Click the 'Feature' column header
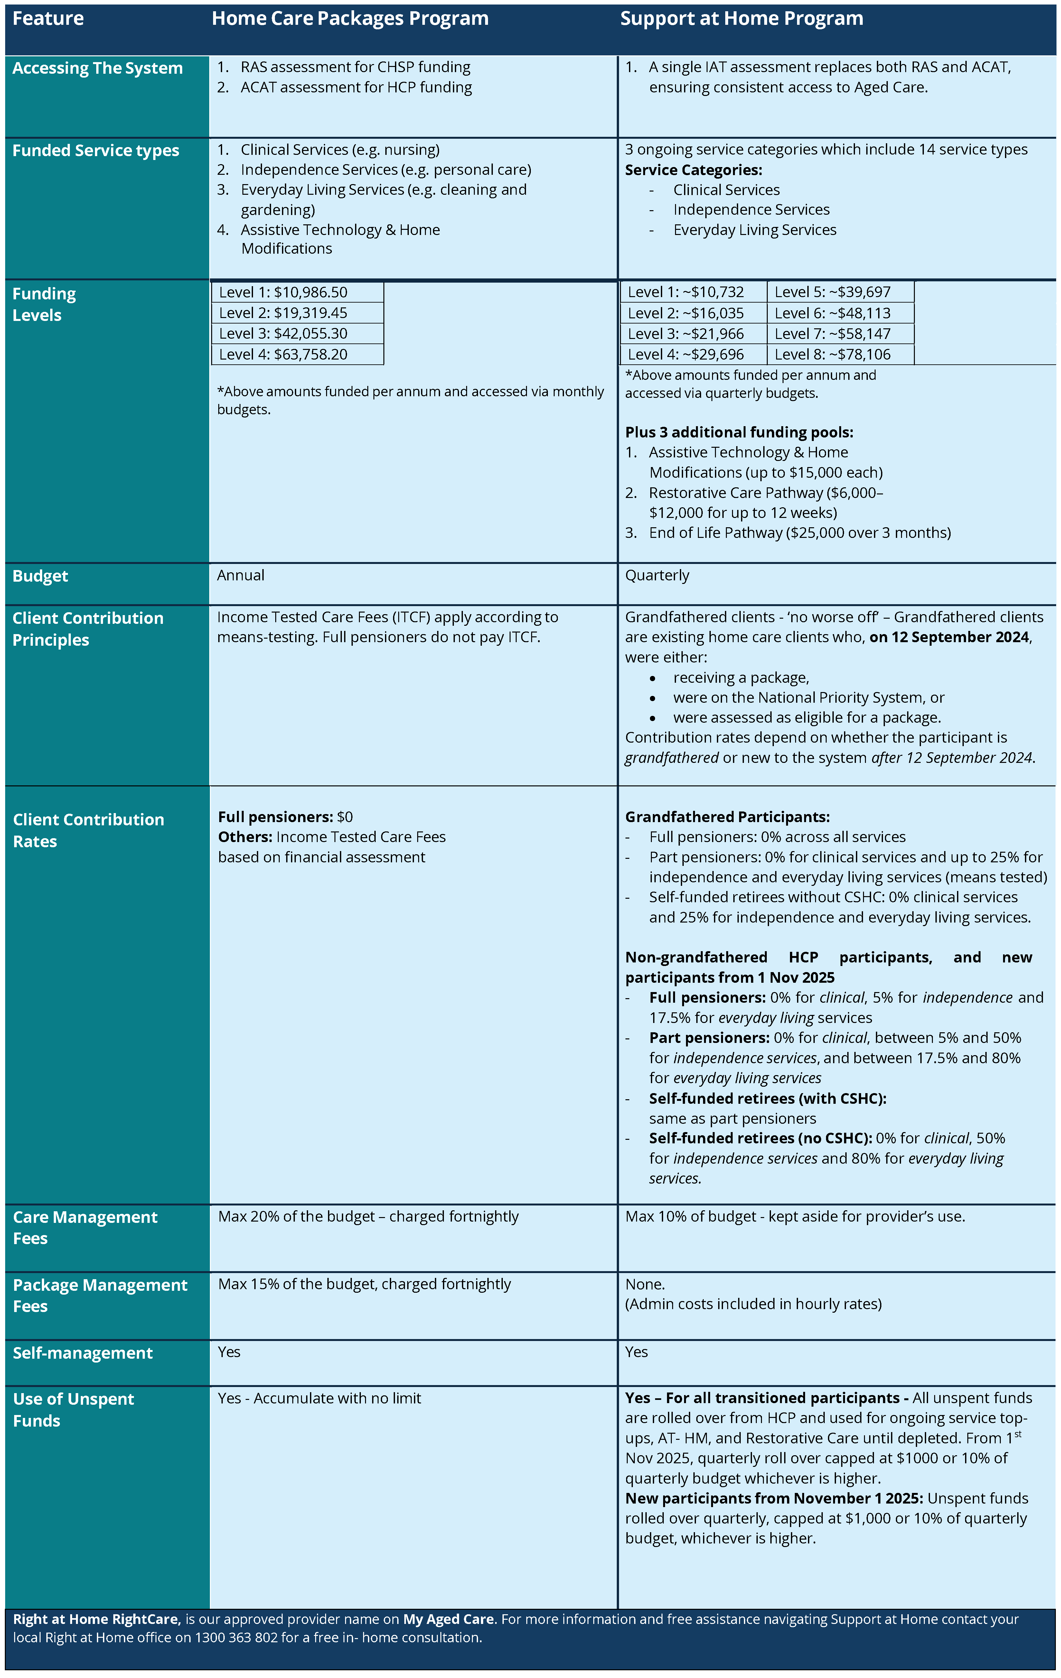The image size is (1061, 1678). click(x=48, y=19)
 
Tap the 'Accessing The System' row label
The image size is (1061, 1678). click(x=98, y=68)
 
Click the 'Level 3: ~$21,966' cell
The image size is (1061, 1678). click(x=686, y=334)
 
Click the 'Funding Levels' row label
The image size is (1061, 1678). click(x=44, y=305)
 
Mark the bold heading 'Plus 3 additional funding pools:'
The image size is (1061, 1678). click(x=739, y=432)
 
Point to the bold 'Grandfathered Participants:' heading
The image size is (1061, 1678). click(x=727, y=817)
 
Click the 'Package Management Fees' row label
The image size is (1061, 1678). click(x=100, y=1295)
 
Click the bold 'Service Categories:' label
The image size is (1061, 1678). click(x=693, y=170)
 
